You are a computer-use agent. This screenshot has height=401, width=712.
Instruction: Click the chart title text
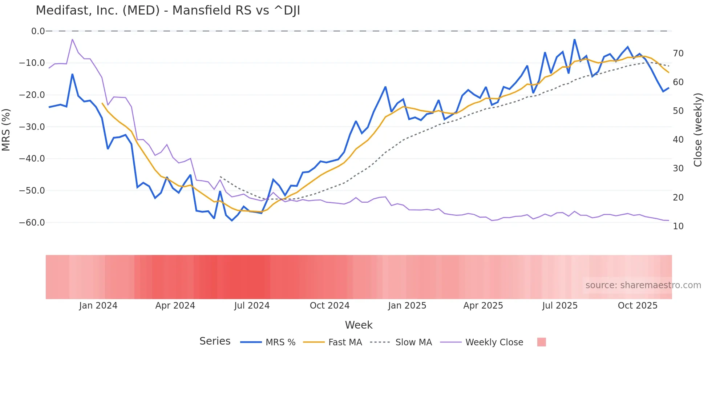click(168, 11)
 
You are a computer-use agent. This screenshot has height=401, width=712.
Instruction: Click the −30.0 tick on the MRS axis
click(32, 127)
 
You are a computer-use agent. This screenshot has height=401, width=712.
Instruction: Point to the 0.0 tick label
click(38, 31)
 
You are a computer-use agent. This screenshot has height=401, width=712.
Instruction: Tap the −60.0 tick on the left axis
click(32, 223)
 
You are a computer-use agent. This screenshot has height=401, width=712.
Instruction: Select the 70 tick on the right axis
click(678, 53)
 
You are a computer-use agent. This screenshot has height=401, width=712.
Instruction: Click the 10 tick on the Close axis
click(678, 226)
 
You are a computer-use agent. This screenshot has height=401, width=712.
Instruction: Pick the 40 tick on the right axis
click(678, 140)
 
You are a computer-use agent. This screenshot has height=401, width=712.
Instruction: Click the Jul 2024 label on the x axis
click(252, 306)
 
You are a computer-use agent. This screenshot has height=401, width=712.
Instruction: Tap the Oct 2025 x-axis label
click(638, 306)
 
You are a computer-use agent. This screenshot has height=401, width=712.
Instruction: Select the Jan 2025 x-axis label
click(407, 306)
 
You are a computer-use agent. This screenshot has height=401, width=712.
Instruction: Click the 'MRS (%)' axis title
click(6, 130)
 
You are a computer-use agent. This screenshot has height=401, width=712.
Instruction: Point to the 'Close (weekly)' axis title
click(697, 130)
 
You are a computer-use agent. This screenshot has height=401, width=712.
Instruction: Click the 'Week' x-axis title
click(359, 325)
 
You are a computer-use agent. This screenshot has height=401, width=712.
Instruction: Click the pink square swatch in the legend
click(541, 342)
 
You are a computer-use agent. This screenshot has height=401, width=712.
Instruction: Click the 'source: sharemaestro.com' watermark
click(643, 285)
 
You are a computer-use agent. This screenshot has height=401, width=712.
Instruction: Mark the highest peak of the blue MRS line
click(574, 39)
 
